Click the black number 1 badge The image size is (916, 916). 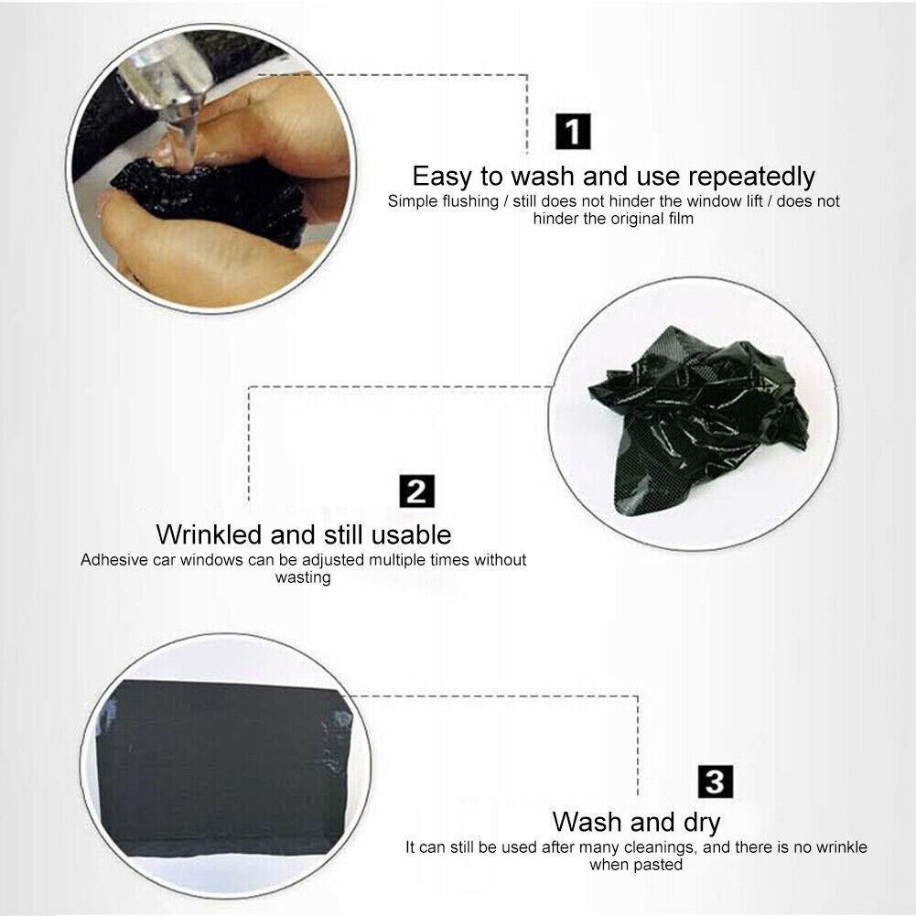tap(574, 132)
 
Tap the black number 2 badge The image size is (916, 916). tap(417, 491)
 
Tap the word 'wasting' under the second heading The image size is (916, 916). tap(303, 577)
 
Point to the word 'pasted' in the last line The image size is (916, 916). tap(659, 865)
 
